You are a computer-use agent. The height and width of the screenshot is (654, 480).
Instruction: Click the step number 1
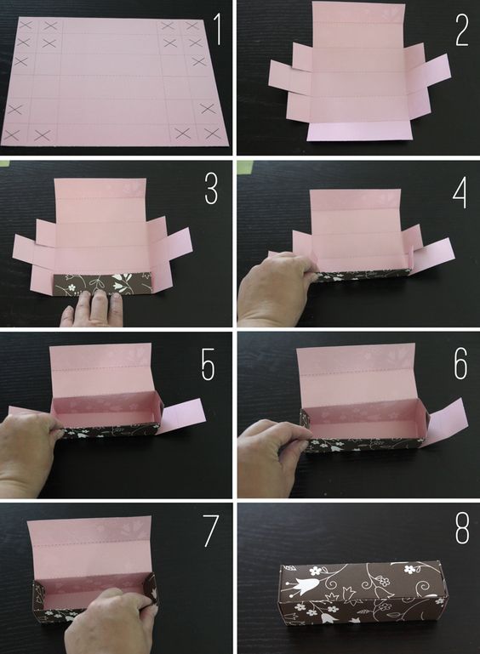(x=217, y=29)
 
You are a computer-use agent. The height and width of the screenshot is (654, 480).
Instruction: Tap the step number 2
(x=462, y=29)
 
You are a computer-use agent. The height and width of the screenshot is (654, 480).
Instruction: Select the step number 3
(x=211, y=189)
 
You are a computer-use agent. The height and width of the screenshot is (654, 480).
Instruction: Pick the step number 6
(x=460, y=364)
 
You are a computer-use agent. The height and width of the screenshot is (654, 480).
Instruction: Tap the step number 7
(x=211, y=531)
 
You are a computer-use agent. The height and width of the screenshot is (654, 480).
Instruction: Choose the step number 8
(x=462, y=528)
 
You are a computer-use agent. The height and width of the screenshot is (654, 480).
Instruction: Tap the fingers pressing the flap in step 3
(x=93, y=309)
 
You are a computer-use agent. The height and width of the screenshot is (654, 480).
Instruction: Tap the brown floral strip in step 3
(x=101, y=283)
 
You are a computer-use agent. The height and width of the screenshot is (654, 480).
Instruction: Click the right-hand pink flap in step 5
(x=182, y=415)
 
